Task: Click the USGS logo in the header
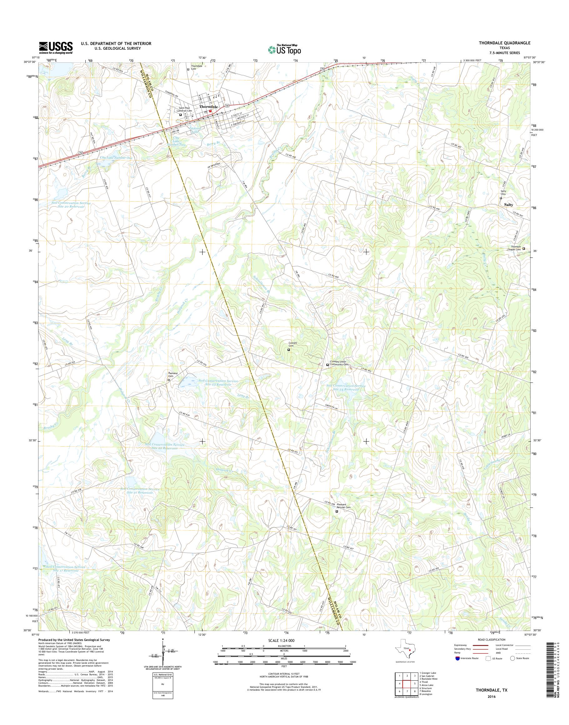pyautogui.click(x=56, y=48)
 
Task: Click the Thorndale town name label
pyautogui.click(x=209, y=107)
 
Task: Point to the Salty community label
pyautogui.click(x=508, y=205)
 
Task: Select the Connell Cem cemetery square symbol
pyautogui.click(x=289, y=350)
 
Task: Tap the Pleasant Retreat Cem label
pyautogui.click(x=344, y=506)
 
